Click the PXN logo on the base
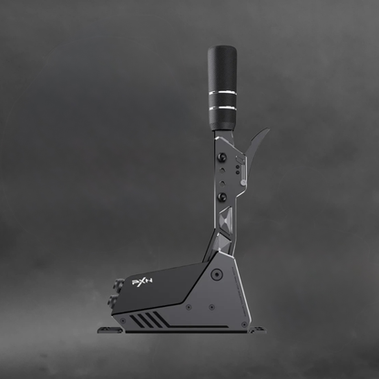[x=142, y=282]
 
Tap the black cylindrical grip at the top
[x=222, y=88]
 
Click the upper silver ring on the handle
[x=222, y=93]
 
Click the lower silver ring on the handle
[x=222, y=108]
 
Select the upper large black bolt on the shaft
[x=222, y=158]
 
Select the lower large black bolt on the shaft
[x=222, y=197]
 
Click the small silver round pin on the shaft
[x=243, y=182]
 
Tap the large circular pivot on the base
[x=217, y=274]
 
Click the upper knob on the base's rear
[x=119, y=284]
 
